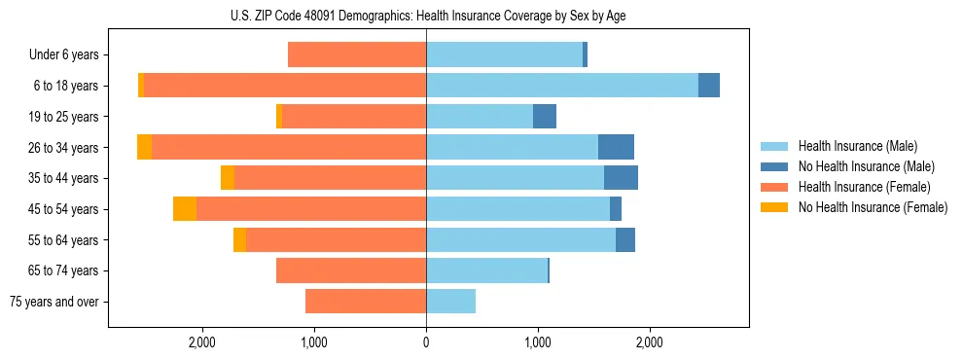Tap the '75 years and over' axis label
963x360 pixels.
(x=53, y=302)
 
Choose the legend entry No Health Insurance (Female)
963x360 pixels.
(x=873, y=207)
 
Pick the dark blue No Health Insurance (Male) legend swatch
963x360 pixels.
(x=774, y=166)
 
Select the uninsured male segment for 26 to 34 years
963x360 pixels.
(x=616, y=147)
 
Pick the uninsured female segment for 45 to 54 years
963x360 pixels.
(x=185, y=209)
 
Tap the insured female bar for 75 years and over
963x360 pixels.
(x=366, y=302)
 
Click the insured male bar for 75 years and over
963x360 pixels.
(x=450, y=302)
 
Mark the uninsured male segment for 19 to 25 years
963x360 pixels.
(x=545, y=117)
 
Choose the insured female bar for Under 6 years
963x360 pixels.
(x=357, y=55)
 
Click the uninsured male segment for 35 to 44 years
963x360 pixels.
(x=621, y=178)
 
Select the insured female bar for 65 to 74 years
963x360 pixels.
(x=351, y=270)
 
